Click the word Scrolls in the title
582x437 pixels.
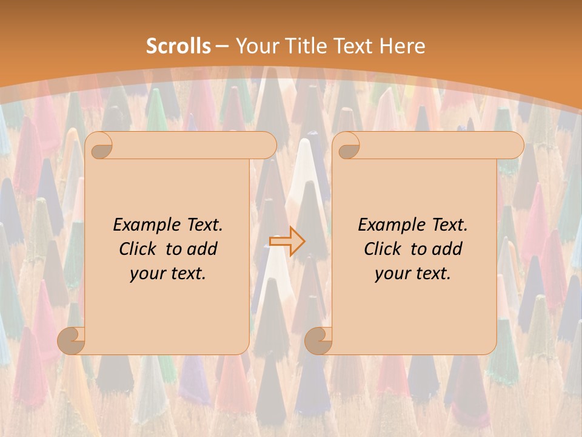point(178,46)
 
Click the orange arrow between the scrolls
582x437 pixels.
point(287,241)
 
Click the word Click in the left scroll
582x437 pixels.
point(139,249)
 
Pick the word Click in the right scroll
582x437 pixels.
point(384,249)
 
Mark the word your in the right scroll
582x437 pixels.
point(392,274)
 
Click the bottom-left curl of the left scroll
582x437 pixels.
point(72,340)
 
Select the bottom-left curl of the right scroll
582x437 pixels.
point(318,340)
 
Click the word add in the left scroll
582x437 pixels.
point(202,249)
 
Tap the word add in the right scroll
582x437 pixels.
point(447,249)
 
